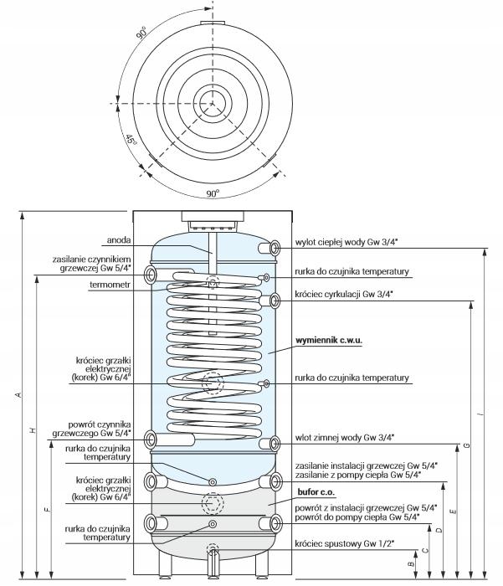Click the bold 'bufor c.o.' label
pyautogui.click(x=315, y=491)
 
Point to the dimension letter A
pyautogui.click(x=18, y=395)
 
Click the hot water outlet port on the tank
pyautogui.click(x=274, y=248)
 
